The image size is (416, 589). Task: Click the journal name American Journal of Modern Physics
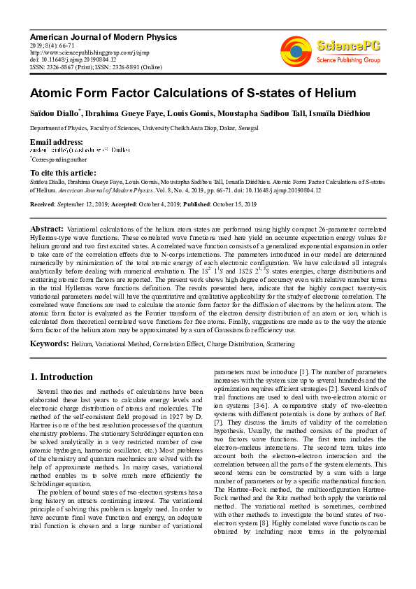pyautogui.click(x=103, y=36)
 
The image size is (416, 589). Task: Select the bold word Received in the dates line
pyautogui.click(x=43, y=204)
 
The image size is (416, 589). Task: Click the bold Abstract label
pyautogui.click(x=46, y=229)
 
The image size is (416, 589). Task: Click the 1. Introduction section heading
pyautogui.click(x=62, y=376)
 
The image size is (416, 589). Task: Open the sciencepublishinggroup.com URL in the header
pyautogui.click(x=91, y=52)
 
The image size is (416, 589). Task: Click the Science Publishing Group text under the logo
pyautogui.click(x=347, y=61)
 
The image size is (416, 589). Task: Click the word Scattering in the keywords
pyautogui.click(x=279, y=344)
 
